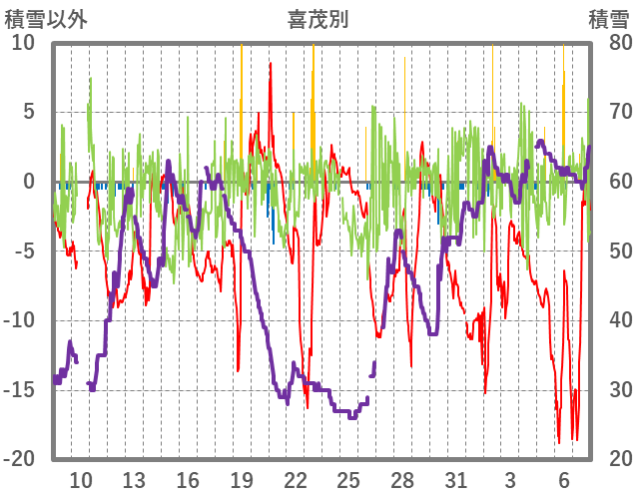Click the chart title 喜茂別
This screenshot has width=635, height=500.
317,19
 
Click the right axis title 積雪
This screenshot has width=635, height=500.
608,19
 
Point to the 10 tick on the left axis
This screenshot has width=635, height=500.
23,43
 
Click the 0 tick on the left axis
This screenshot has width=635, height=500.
29,182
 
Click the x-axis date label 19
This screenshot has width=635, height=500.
242,479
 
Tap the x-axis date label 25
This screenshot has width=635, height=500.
348,479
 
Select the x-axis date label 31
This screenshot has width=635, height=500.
456,479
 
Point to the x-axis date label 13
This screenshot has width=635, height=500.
134,479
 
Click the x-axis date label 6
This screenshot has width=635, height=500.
564,479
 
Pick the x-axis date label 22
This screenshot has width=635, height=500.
296,479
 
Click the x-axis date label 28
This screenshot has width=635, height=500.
402,479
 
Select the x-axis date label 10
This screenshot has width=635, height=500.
81,479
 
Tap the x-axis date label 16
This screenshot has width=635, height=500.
188,479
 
